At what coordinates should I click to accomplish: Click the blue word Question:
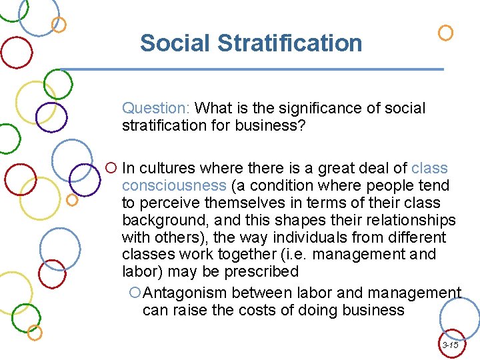[x=157, y=108]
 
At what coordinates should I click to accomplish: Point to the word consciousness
[x=173, y=185]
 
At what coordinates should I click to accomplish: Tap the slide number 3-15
[x=450, y=345]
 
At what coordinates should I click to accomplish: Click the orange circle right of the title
[x=445, y=33]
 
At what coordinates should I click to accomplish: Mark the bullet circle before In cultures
[x=111, y=168]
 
